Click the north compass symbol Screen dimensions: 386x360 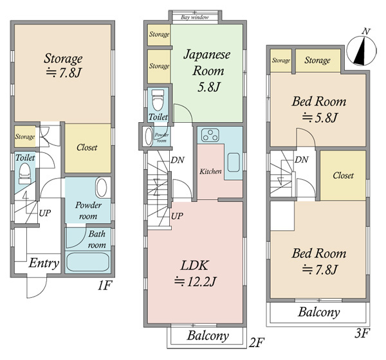click(362, 51)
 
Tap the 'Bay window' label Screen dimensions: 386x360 click(194, 17)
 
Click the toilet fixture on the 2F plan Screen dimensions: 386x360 click(158, 100)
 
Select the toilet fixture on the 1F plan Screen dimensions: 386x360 click(25, 174)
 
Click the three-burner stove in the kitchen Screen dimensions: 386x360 click(210, 136)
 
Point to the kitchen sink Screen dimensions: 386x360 click(234, 163)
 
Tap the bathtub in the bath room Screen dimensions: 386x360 click(87, 262)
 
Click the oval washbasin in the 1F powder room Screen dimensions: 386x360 click(101, 188)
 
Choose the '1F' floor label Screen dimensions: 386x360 click(105, 285)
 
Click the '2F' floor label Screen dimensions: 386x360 click(256, 342)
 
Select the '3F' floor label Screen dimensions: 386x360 click(362, 334)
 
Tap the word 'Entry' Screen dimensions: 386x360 click(44, 264)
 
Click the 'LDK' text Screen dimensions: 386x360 click(195, 265)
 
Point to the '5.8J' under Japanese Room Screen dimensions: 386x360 click(208, 87)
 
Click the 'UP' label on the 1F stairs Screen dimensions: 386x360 click(45, 213)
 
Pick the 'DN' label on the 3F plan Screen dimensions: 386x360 click(302, 159)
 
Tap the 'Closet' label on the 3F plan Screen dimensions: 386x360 click(343, 175)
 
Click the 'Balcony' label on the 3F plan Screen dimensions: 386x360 click(319, 312)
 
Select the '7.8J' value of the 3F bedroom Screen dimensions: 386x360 click(320, 269)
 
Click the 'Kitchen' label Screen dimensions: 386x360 click(210, 171)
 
